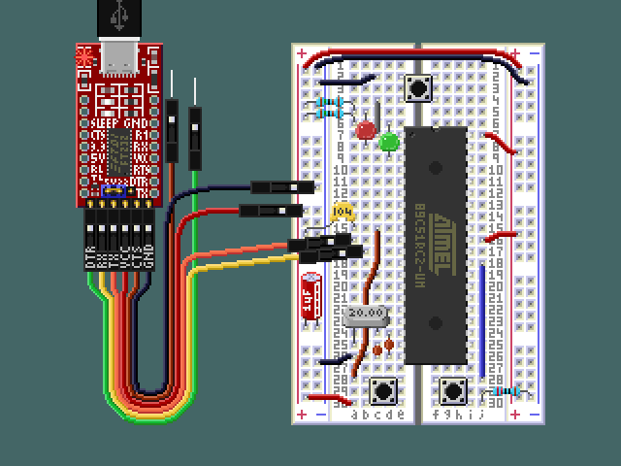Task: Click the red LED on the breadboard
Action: (x=366, y=130)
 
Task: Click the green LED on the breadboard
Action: (x=389, y=143)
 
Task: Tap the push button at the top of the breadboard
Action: (x=418, y=88)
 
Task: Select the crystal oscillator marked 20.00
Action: (x=366, y=315)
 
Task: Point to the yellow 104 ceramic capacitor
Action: (x=341, y=211)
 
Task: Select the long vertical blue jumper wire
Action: (x=482, y=316)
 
